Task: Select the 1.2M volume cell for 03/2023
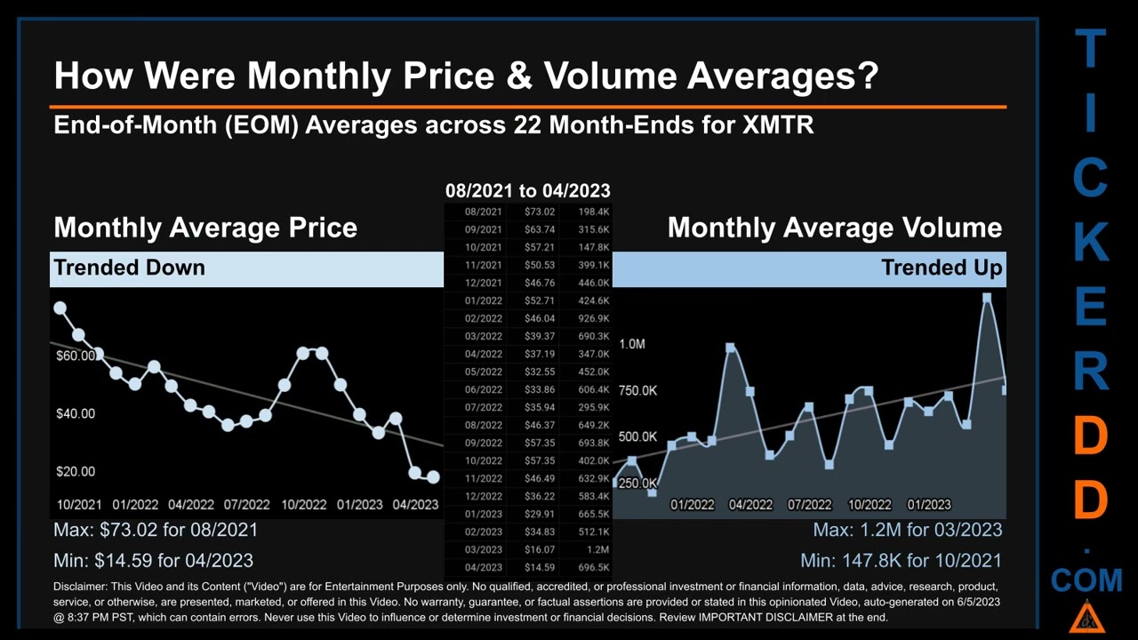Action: [x=597, y=549]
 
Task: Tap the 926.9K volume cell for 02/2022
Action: [x=592, y=318]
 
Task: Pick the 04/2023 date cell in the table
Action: [x=483, y=567]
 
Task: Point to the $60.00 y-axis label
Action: [x=76, y=356]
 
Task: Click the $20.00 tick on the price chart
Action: [x=76, y=471]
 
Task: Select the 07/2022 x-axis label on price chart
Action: [x=246, y=504]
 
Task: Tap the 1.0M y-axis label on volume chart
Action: [x=632, y=344]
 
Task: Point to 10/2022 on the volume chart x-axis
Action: [x=869, y=504]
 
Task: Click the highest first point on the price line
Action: [x=60, y=308]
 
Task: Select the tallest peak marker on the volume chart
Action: [x=987, y=298]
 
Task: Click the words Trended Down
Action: [x=129, y=268]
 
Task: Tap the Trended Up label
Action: [x=942, y=268]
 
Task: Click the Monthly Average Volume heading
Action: [x=834, y=228]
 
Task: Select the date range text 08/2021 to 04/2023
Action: [x=527, y=190]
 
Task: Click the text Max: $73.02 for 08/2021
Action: [x=156, y=530]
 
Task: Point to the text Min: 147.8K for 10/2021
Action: [x=901, y=560]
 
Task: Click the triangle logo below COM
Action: [x=1086, y=616]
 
